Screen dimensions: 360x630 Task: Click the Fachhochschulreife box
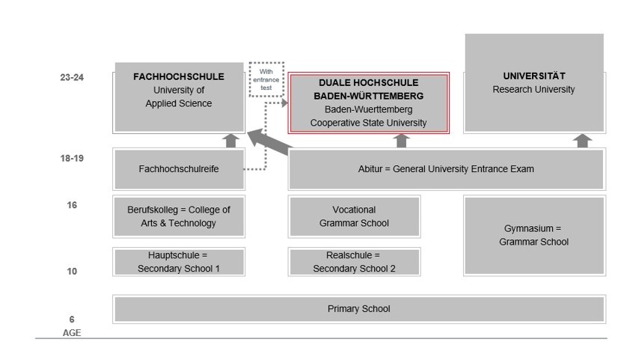(179, 169)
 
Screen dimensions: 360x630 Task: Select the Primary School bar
(358, 309)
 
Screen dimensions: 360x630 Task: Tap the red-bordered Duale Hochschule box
(369, 103)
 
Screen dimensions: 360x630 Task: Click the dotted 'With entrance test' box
(267, 79)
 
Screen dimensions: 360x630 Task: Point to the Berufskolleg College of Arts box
(179, 216)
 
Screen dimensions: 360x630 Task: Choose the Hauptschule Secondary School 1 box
(179, 262)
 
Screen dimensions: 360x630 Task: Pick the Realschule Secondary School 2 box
(354, 262)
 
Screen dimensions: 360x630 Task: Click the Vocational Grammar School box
(354, 216)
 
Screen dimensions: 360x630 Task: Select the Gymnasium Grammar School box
(534, 235)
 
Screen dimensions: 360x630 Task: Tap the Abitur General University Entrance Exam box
(446, 169)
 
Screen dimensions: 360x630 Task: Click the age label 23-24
(72, 77)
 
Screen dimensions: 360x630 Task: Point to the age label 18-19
(72, 159)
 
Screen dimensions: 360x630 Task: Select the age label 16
(72, 205)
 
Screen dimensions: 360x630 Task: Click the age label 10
(72, 272)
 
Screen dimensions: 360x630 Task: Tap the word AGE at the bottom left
(72, 333)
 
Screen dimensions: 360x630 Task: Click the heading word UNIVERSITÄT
(534, 76)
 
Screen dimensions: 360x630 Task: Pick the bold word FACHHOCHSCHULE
(179, 76)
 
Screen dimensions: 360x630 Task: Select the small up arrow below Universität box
(583, 141)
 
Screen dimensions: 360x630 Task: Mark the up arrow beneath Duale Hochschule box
(402, 141)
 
